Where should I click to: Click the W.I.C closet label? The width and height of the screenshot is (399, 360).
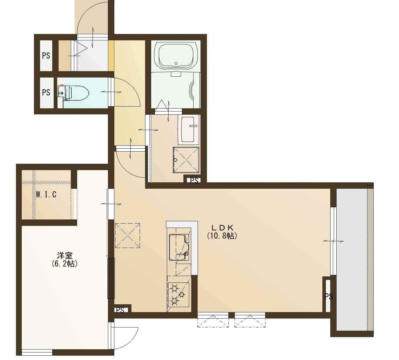point(46,195)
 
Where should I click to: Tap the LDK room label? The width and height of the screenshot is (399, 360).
point(222,227)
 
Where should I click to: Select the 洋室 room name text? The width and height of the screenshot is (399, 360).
point(65,255)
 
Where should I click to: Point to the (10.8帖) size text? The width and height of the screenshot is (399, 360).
point(222,236)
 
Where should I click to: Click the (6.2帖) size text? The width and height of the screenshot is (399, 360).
point(65,264)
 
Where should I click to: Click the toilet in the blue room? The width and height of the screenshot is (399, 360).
point(73,93)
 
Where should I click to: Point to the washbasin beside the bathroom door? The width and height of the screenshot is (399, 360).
point(188,130)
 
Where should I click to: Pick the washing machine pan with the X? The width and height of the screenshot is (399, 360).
point(186,160)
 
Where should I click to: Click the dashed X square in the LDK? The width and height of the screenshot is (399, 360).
point(127,236)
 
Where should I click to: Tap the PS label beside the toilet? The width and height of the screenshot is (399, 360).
point(46,92)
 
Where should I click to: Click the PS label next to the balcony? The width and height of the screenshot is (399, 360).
point(328,297)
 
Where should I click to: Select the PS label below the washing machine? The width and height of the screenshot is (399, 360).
point(194,181)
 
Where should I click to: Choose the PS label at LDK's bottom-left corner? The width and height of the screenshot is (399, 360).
point(120,310)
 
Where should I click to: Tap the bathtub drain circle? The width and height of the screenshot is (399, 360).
point(176,64)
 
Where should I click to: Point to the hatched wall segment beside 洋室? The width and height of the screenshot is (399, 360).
point(111,278)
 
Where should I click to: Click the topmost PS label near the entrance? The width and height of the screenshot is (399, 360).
point(46,55)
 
